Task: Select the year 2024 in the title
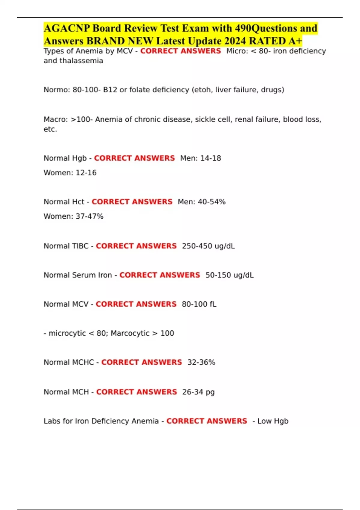click(x=235, y=41)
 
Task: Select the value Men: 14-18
click(x=200, y=158)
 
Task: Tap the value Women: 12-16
click(x=70, y=173)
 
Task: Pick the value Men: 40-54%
click(x=202, y=202)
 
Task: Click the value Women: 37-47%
click(x=73, y=216)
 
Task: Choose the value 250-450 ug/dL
click(x=208, y=246)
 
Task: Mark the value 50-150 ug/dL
click(x=229, y=275)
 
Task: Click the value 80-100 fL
click(x=199, y=304)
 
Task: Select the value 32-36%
click(x=201, y=362)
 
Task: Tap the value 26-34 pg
click(x=198, y=392)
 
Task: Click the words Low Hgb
click(x=273, y=421)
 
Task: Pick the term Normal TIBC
click(x=66, y=246)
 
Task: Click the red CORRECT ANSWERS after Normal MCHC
click(x=142, y=362)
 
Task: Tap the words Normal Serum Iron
click(x=78, y=275)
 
